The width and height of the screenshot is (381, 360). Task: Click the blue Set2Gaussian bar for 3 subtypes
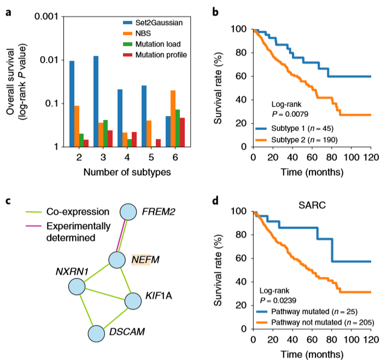(96, 101)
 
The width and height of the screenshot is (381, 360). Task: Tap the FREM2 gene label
(158, 211)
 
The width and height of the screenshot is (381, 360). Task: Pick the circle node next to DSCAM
(97, 334)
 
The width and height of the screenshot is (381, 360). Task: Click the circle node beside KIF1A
(133, 300)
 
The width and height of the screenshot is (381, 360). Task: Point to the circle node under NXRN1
(77, 286)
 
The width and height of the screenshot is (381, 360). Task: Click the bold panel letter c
(8, 200)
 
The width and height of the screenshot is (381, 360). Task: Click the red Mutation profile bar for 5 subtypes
(159, 143)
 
